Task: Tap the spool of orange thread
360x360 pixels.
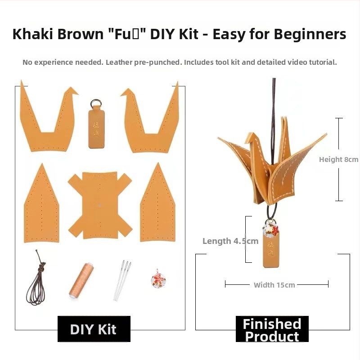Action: [81, 279]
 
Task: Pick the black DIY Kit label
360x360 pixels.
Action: [94, 329]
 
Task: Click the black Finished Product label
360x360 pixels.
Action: [272, 329]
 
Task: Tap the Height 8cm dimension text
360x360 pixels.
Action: [338, 159]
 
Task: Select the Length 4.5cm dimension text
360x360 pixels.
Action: [230, 241]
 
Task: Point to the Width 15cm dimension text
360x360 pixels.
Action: [274, 285]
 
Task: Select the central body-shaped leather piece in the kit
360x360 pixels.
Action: [99, 205]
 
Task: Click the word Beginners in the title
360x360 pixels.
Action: [310, 34]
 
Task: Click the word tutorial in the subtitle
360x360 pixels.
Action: [321, 63]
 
